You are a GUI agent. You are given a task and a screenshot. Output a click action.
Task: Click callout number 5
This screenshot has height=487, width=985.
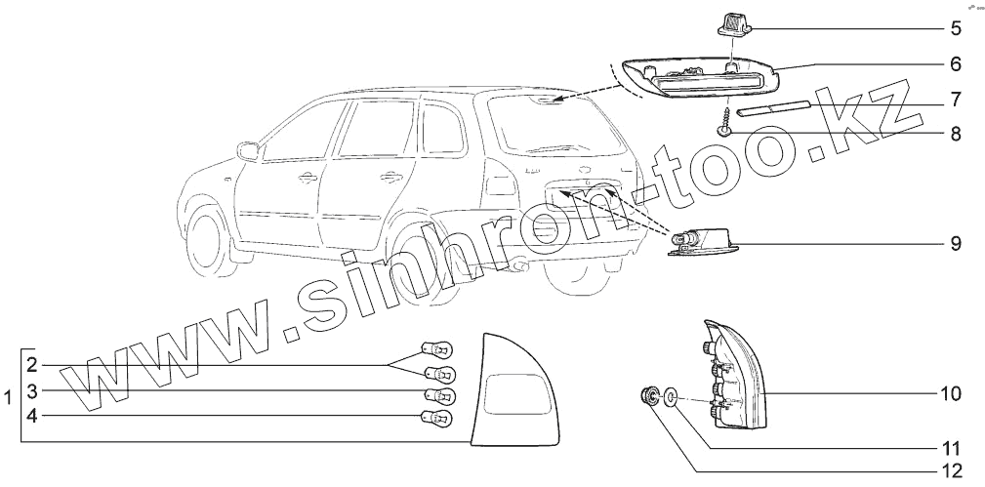956,28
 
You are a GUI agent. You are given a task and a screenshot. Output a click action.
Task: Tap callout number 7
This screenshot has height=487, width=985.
956,100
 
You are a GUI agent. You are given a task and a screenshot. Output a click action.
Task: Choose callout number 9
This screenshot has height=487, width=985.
956,241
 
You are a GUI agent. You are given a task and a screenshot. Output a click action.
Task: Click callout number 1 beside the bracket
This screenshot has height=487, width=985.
8,398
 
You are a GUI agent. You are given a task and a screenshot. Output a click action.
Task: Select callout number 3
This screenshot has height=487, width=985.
31,392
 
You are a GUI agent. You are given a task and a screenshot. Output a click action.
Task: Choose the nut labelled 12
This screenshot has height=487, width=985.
647,395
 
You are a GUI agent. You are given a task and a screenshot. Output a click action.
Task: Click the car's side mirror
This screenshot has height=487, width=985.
251,151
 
